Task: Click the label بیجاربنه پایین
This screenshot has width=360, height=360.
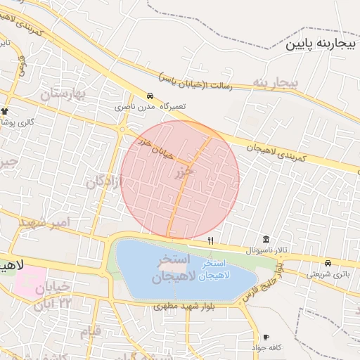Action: point(322,45)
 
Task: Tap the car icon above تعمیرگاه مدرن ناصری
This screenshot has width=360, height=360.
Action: point(150,95)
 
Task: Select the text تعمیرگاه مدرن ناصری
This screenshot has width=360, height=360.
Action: point(150,107)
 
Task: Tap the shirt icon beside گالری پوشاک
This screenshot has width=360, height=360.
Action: point(5,111)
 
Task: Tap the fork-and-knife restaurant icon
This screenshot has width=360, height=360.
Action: point(210,240)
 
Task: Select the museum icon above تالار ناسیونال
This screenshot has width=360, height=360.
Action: point(266,239)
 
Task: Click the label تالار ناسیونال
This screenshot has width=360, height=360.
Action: point(266,250)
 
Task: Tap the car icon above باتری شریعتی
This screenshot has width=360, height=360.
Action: point(328,263)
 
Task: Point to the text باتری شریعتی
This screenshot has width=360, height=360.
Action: point(328,274)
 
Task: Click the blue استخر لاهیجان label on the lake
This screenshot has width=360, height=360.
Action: point(221,271)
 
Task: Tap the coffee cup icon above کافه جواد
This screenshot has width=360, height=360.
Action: point(266,337)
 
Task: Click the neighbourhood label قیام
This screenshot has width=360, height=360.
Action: point(91,330)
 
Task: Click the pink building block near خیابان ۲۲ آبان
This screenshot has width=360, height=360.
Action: point(28,280)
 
